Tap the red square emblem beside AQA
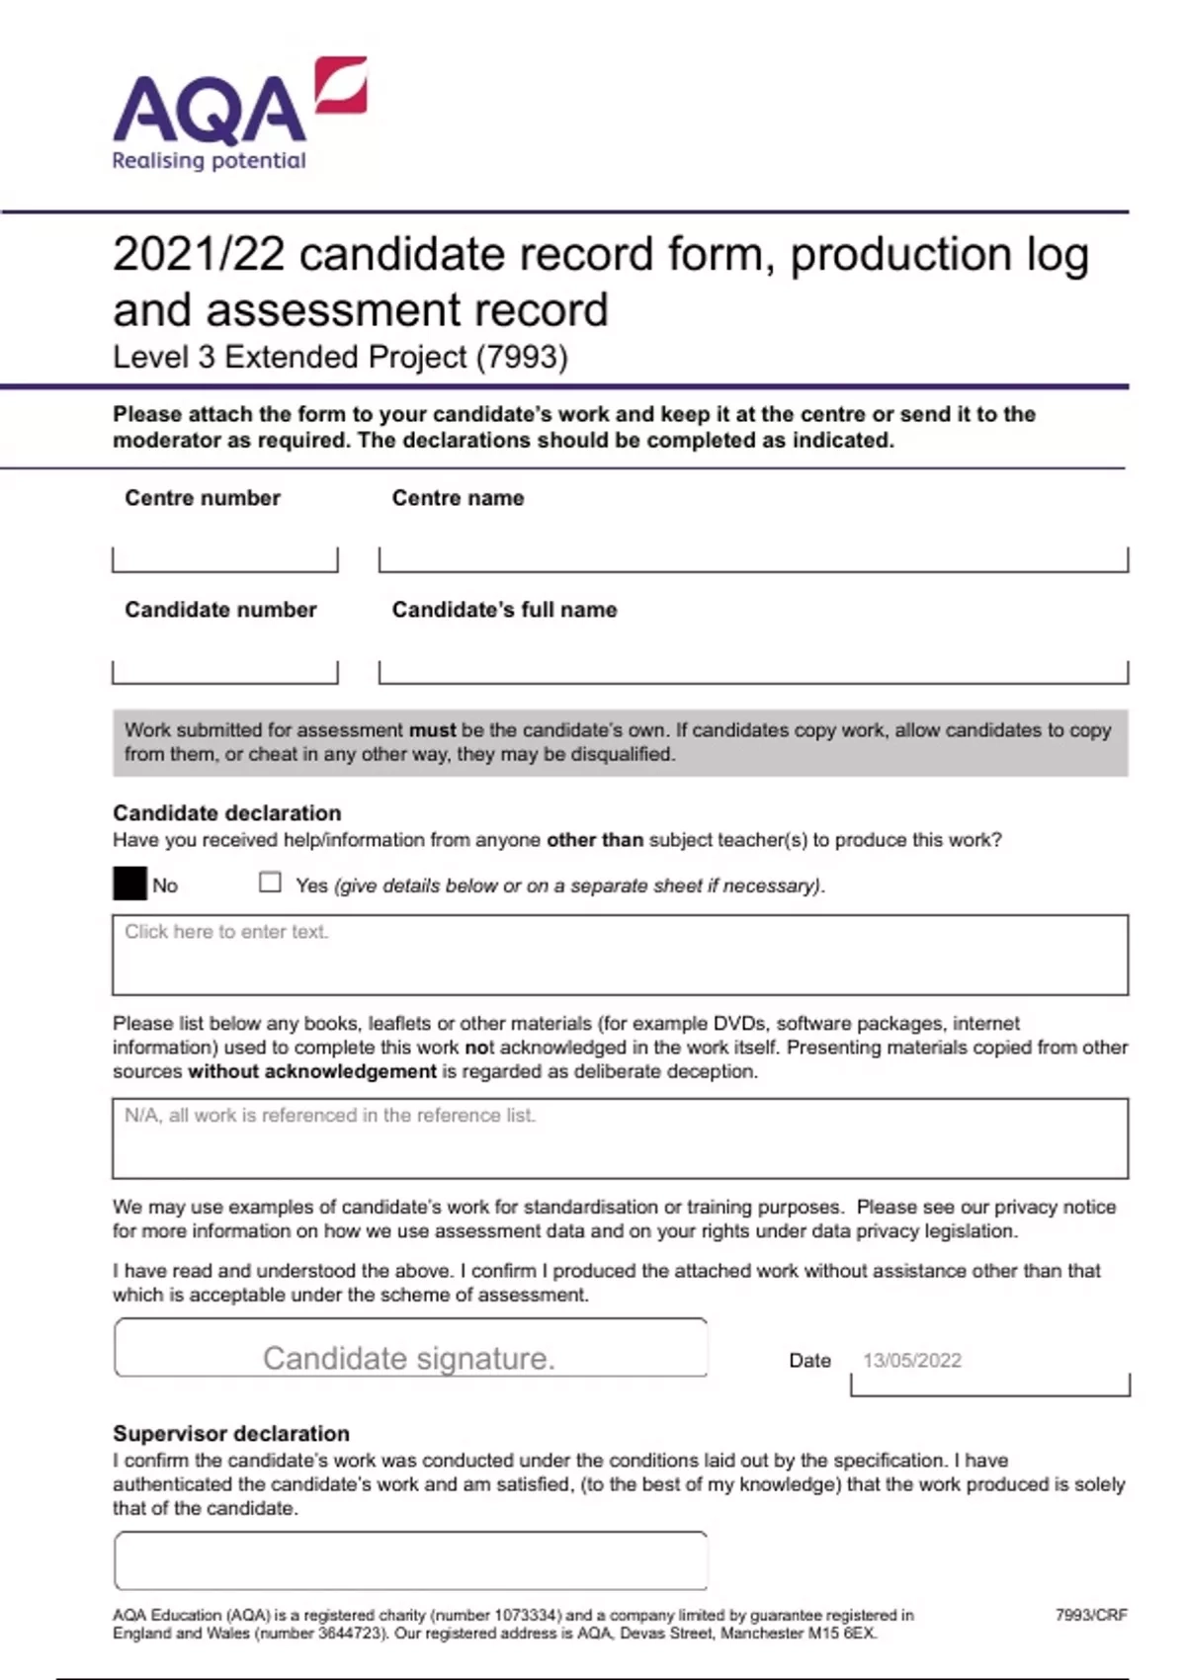(x=342, y=85)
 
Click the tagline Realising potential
(x=209, y=161)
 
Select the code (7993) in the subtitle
(x=522, y=357)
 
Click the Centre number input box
(x=225, y=558)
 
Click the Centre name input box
(x=753, y=558)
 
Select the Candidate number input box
(x=225, y=671)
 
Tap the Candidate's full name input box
(x=753, y=671)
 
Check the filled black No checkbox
(x=129, y=883)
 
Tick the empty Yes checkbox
(x=270, y=882)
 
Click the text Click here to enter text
(x=226, y=932)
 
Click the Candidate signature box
(x=410, y=1348)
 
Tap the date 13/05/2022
(x=911, y=1361)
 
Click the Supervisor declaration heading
(x=231, y=1434)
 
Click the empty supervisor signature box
(x=410, y=1561)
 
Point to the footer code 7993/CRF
(x=1091, y=1615)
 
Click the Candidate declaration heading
(x=226, y=813)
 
